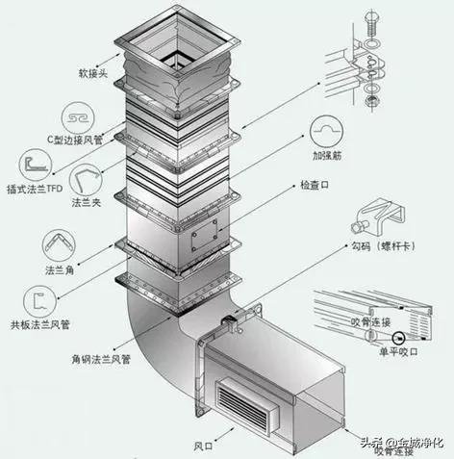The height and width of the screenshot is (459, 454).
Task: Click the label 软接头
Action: (x=72, y=73)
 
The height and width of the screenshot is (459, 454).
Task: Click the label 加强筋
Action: (x=329, y=154)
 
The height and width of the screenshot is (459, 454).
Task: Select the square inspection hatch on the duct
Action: (x=205, y=232)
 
